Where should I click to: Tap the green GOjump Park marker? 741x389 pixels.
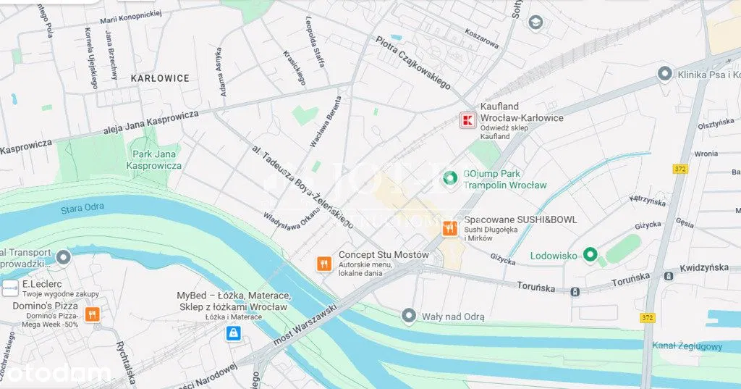pos(449,177)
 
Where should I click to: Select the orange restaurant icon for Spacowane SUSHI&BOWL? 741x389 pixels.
pos(450,228)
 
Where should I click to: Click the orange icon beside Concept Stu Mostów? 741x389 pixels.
pos(323,264)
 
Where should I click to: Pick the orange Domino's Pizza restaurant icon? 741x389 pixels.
pos(92,314)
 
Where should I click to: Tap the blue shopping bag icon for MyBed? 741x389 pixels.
pos(233,333)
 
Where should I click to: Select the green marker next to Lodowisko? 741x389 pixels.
pos(590,255)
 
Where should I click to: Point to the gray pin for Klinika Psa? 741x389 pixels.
pos(664,74)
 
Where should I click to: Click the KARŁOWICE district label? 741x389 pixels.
pos(160,78)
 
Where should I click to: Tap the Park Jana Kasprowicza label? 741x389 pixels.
pos(154,160)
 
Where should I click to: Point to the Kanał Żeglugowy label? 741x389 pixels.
pos(687,346)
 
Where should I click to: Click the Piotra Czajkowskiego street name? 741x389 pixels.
pos(413,62)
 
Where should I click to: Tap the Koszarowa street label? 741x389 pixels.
pos(482,43)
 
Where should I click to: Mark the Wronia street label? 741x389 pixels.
pos(706,154)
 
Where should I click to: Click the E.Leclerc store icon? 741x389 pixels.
pos(10,289)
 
